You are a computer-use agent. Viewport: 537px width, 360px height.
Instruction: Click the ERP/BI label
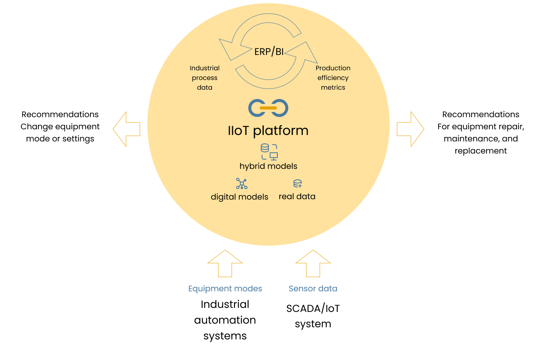(x=269, y=52)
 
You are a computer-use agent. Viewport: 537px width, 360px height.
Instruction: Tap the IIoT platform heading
(x=268, y=131)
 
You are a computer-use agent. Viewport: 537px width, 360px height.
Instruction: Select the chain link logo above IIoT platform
(x=268, y=108)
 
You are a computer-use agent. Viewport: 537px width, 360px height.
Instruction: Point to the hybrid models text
(x=268, y=166)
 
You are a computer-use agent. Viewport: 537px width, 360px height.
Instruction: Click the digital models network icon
(x=241, y=183)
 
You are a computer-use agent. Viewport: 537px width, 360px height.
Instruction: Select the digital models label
(x=239, y=197)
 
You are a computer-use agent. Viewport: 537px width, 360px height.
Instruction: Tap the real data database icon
(x=298, y=184)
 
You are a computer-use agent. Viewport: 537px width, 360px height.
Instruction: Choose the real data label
(x=297, y=196)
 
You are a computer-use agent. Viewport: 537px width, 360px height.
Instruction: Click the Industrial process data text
(x=205, y=78)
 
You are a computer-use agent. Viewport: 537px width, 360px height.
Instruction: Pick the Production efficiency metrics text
(x=333, y=78)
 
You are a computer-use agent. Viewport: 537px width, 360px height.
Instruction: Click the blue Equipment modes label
(x=225, y=288)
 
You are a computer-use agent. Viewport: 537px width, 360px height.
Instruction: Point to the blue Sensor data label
(x=313, y=288)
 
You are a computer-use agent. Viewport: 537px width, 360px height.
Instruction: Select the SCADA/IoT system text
(x=313, y=316)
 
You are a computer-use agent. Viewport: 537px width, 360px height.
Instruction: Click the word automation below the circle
(x=225, y=320)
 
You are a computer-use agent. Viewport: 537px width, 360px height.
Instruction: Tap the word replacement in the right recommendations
(x=480, y=151)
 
